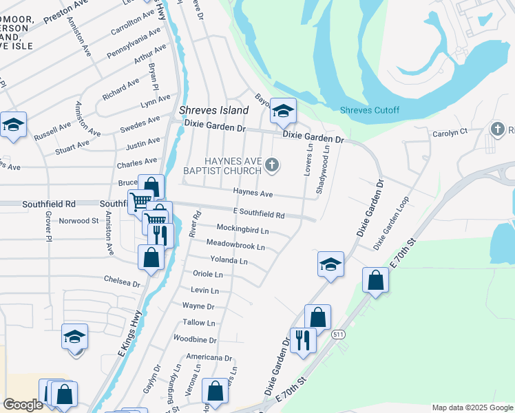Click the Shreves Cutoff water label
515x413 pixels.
[x=369, y=111]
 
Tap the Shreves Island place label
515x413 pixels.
[x=213, y=110]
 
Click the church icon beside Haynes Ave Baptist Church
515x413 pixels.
[x=273, y=165]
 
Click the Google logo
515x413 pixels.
[x=22, y=405]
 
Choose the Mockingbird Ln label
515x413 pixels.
[x=242, y=229]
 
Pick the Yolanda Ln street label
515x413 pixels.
[x=229, y=261]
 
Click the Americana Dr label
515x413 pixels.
[x=209, y=358]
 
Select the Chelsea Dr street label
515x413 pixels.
[x=122, y=282]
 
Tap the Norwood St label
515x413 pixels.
[x=78, y=221]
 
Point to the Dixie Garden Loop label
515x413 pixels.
[x=391, y=224]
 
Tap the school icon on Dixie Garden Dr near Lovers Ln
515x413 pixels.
[x=282, y=110]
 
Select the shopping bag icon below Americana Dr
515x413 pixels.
[x=216, y=390]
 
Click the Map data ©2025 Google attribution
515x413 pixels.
[x=472, y=407]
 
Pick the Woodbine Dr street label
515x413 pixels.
[x=195, y=339]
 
